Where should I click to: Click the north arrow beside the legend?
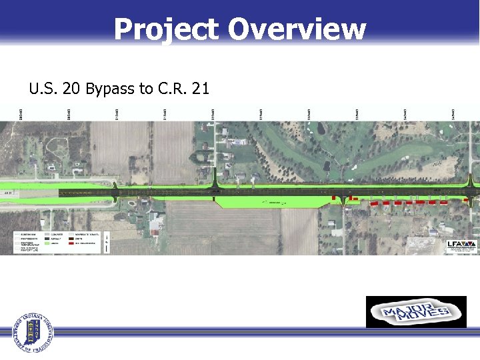[106, 243]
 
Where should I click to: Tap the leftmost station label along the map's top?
[19, 114]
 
